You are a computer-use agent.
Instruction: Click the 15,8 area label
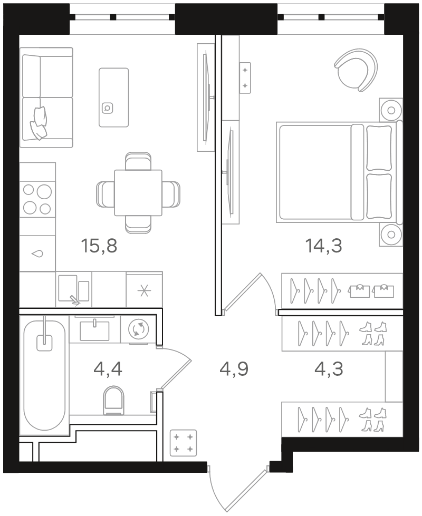[x=99, y=246]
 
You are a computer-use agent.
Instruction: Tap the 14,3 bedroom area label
[x=324, y=246]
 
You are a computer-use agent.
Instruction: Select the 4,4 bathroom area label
[x=108, y=369]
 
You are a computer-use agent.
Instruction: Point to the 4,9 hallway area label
[x=234, y=369]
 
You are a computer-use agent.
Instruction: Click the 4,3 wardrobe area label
[x=329, y=369]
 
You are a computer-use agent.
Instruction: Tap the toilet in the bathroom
[x=113, y=400]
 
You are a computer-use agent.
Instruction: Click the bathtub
[x=44, y=375]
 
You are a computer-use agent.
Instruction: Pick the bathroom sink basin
[x=94, y=330]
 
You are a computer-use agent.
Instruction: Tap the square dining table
[x=138, y=193]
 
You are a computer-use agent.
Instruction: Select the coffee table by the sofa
[x=113, y=98]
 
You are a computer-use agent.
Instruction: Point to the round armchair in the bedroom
[x=356, y=70]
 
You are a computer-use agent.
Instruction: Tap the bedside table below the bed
[x=391, y=235]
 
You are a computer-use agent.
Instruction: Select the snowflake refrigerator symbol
[x=144, y=289]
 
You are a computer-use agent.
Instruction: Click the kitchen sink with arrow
[x=74, y=289]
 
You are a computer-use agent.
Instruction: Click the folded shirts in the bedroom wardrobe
[x=371, y=290]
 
